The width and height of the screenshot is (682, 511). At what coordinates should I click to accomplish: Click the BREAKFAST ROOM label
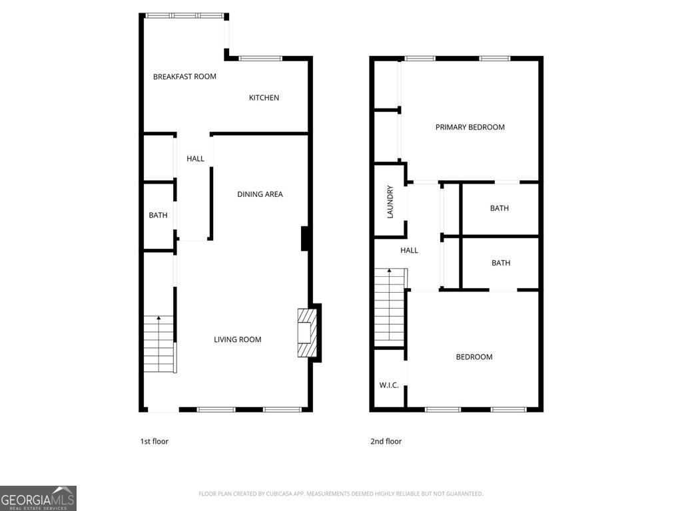(x=184, y=77)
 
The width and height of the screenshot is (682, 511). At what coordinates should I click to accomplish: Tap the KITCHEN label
(x=264, y=98)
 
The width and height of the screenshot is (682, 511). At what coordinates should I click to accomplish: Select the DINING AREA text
(x=260, y=194)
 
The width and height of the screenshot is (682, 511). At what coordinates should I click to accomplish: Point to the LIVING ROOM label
(x=237, y=339)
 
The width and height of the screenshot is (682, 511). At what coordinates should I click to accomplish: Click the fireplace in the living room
(x=307, y=333)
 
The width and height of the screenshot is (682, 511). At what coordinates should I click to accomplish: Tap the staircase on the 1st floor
(x=159, y=344)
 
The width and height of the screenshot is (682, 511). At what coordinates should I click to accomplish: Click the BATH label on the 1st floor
(x=158, y=216)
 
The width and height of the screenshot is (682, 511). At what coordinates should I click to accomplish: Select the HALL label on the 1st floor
(x=195, y=158)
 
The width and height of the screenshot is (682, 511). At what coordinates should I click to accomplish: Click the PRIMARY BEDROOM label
(x=470, y=127)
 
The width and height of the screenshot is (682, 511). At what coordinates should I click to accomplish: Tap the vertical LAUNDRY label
(x=390, y=202)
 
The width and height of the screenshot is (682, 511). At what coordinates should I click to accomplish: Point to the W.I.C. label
(x=389, y=385)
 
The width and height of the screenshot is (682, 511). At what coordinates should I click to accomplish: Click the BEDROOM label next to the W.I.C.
(x=474, y=357)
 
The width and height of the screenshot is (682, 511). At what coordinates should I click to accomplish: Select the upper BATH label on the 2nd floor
(x=499, y=208)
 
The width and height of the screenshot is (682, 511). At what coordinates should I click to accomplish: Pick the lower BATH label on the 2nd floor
(x=500, y=263)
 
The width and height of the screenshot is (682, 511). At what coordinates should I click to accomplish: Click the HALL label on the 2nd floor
(x=409, y=250)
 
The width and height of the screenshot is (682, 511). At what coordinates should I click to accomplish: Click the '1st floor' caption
(x=154, y=441)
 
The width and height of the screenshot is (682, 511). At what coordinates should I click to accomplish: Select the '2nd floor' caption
(x=386, y=441)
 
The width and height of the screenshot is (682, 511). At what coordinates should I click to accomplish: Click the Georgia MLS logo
(x=38, y=498)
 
